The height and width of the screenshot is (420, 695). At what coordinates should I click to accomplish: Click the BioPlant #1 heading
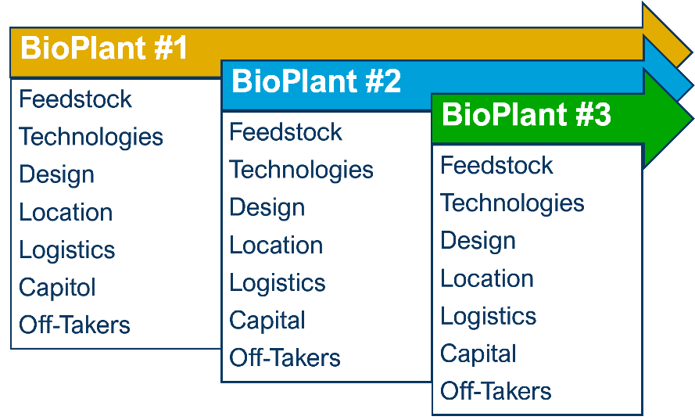[x=104, y=48]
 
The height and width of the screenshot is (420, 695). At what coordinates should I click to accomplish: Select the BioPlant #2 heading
[x=316, y=81]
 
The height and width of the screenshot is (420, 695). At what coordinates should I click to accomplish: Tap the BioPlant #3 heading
[x=526, y=114]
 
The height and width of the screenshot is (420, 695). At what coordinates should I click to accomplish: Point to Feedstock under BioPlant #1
[x=75, y=99]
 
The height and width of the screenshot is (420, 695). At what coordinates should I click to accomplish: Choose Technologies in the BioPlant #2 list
[x=302, y=171]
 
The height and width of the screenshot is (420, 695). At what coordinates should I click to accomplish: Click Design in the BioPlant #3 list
[x=478, y=242]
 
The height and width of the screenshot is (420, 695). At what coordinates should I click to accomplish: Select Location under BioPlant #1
[x=66, y=212]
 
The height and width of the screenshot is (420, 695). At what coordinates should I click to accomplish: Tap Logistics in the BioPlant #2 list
[x=278, y=284]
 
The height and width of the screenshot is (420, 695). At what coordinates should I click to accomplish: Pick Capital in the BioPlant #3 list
[x=478, y=354]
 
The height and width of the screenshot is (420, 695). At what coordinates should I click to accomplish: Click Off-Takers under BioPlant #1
[x=74, y=325]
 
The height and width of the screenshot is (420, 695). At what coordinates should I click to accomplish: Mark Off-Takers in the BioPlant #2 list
[x=285, y=358]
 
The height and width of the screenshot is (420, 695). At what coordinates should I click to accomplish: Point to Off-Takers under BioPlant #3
[x=496, y=391]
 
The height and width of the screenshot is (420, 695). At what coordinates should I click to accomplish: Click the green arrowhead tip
[x=693, y=119]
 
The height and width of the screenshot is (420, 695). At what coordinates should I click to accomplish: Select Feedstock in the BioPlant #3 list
[x=496, y=166]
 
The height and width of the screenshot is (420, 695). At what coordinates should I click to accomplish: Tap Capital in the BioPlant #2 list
[x=267, y=321]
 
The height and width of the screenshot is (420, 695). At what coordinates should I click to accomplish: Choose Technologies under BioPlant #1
[x=91, y=137]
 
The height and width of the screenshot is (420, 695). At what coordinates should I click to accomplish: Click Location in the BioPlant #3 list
[x=487, y=278]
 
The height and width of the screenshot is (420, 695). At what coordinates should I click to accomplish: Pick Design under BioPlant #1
[x=57, y=174]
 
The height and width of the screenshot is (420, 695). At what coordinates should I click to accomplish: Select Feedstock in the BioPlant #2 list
[x=286, y=131]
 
